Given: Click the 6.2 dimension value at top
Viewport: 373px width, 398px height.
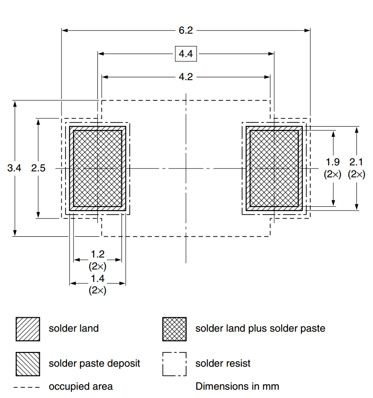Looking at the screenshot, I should (x=186, y=31).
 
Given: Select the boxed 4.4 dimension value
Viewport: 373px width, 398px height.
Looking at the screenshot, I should (x=186, y=54).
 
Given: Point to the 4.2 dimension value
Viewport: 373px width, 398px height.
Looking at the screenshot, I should (x=186, y=77).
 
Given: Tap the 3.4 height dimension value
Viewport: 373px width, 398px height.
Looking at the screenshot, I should (x=14, y=168).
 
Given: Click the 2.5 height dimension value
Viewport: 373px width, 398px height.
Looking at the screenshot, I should (x=38, y=168).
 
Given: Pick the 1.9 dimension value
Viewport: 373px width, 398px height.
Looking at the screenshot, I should (x=332, y=162).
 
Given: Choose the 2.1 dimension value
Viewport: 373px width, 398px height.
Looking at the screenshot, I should (x=356, y=162).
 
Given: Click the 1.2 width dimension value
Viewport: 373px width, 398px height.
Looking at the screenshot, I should (x=97, y=254).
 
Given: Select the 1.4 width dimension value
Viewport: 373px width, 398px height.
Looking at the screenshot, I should (x=97, y=278).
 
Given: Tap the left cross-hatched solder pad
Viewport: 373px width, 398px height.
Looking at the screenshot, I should (x=97, y=168).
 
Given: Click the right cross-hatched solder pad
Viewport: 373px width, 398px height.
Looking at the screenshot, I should (x=274, y=168).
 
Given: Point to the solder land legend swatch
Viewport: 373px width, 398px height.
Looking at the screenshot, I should (x=28, y=329).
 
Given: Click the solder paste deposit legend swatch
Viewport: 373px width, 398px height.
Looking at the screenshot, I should (x=28, y=364).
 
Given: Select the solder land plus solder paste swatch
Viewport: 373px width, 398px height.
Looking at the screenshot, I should (x=174, y=329).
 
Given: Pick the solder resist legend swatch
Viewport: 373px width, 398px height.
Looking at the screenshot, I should (x=174, y=364).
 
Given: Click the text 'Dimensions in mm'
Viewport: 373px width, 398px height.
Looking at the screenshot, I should (x=237, y=386).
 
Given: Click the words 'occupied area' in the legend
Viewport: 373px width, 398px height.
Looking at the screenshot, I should (x=81, y=386).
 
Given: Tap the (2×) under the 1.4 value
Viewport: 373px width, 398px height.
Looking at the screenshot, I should (x=97, y=290).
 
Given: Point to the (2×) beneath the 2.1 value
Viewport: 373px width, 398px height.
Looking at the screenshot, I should (x=356, y=175).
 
